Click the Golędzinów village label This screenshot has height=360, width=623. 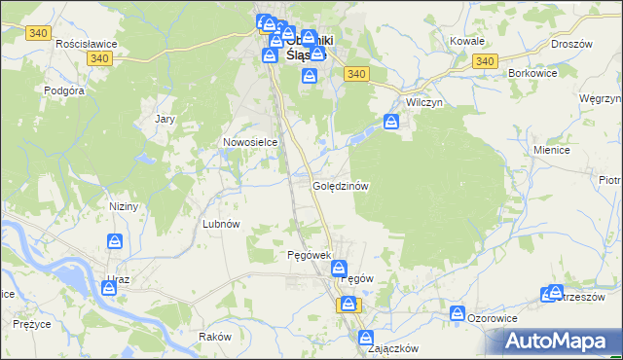[x=340, y=185]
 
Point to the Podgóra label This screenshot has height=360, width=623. [x=64, y=90]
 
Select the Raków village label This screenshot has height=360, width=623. [x=213, y=336]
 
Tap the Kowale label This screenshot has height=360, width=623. [x=467, y=42]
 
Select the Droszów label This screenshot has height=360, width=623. [x=571, y=44]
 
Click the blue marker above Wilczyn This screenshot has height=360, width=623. [x=391, y=123]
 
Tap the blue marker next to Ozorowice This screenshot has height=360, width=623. [x=457, y=313]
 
